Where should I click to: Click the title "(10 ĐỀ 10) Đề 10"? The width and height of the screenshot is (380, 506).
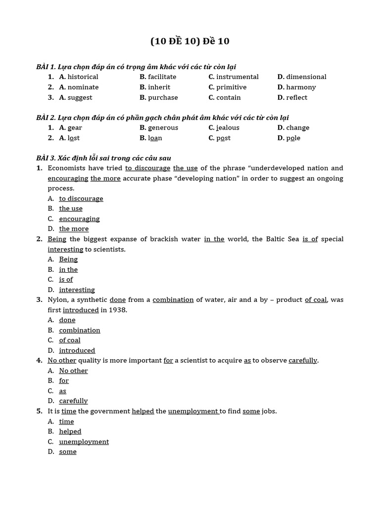point(190,42)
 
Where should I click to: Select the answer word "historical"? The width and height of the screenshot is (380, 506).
point(83,77)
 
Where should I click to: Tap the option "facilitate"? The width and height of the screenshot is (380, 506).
point(162,77)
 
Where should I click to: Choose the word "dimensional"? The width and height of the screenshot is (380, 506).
point(306,77)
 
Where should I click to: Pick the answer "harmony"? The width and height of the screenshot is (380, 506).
point(300,87)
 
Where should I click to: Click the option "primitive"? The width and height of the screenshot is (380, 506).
point(231,87)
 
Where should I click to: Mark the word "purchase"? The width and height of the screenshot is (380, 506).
point(163,98)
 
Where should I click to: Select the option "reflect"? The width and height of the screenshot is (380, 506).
point(296,98)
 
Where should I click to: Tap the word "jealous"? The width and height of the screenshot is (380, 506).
point(228,128)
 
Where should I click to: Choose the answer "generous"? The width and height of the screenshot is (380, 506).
point(163,128)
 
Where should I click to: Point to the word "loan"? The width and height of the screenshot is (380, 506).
point(155,138)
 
